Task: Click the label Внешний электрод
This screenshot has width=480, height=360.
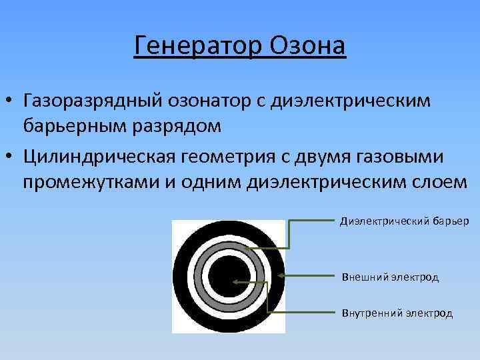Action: [390, 277]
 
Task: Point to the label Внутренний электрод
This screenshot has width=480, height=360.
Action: [397, 313]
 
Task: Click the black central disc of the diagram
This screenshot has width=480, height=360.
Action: [228, 276]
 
